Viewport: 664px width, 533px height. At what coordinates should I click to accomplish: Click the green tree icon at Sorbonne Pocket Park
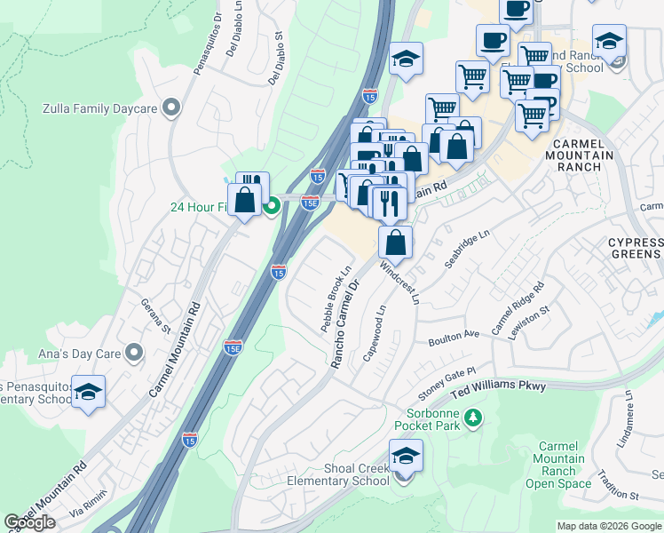(x=474, y=417)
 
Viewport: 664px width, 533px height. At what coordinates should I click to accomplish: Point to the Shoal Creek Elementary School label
(x=338, y=474)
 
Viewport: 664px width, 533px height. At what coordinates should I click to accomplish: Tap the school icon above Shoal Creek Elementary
(x=406, y=457)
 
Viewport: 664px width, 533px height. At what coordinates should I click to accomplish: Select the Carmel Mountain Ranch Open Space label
(x=557, y=465)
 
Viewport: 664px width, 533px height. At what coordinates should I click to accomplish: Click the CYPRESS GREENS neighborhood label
(x=636, y=249)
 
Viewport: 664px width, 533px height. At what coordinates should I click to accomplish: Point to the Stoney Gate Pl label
(x=447, y=381)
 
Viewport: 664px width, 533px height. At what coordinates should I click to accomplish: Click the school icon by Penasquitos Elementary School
(x=88, y=393)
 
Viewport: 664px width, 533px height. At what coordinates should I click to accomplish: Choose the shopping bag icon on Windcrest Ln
(x=395, y=242)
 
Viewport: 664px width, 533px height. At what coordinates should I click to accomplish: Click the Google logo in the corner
(x=31, y=522)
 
